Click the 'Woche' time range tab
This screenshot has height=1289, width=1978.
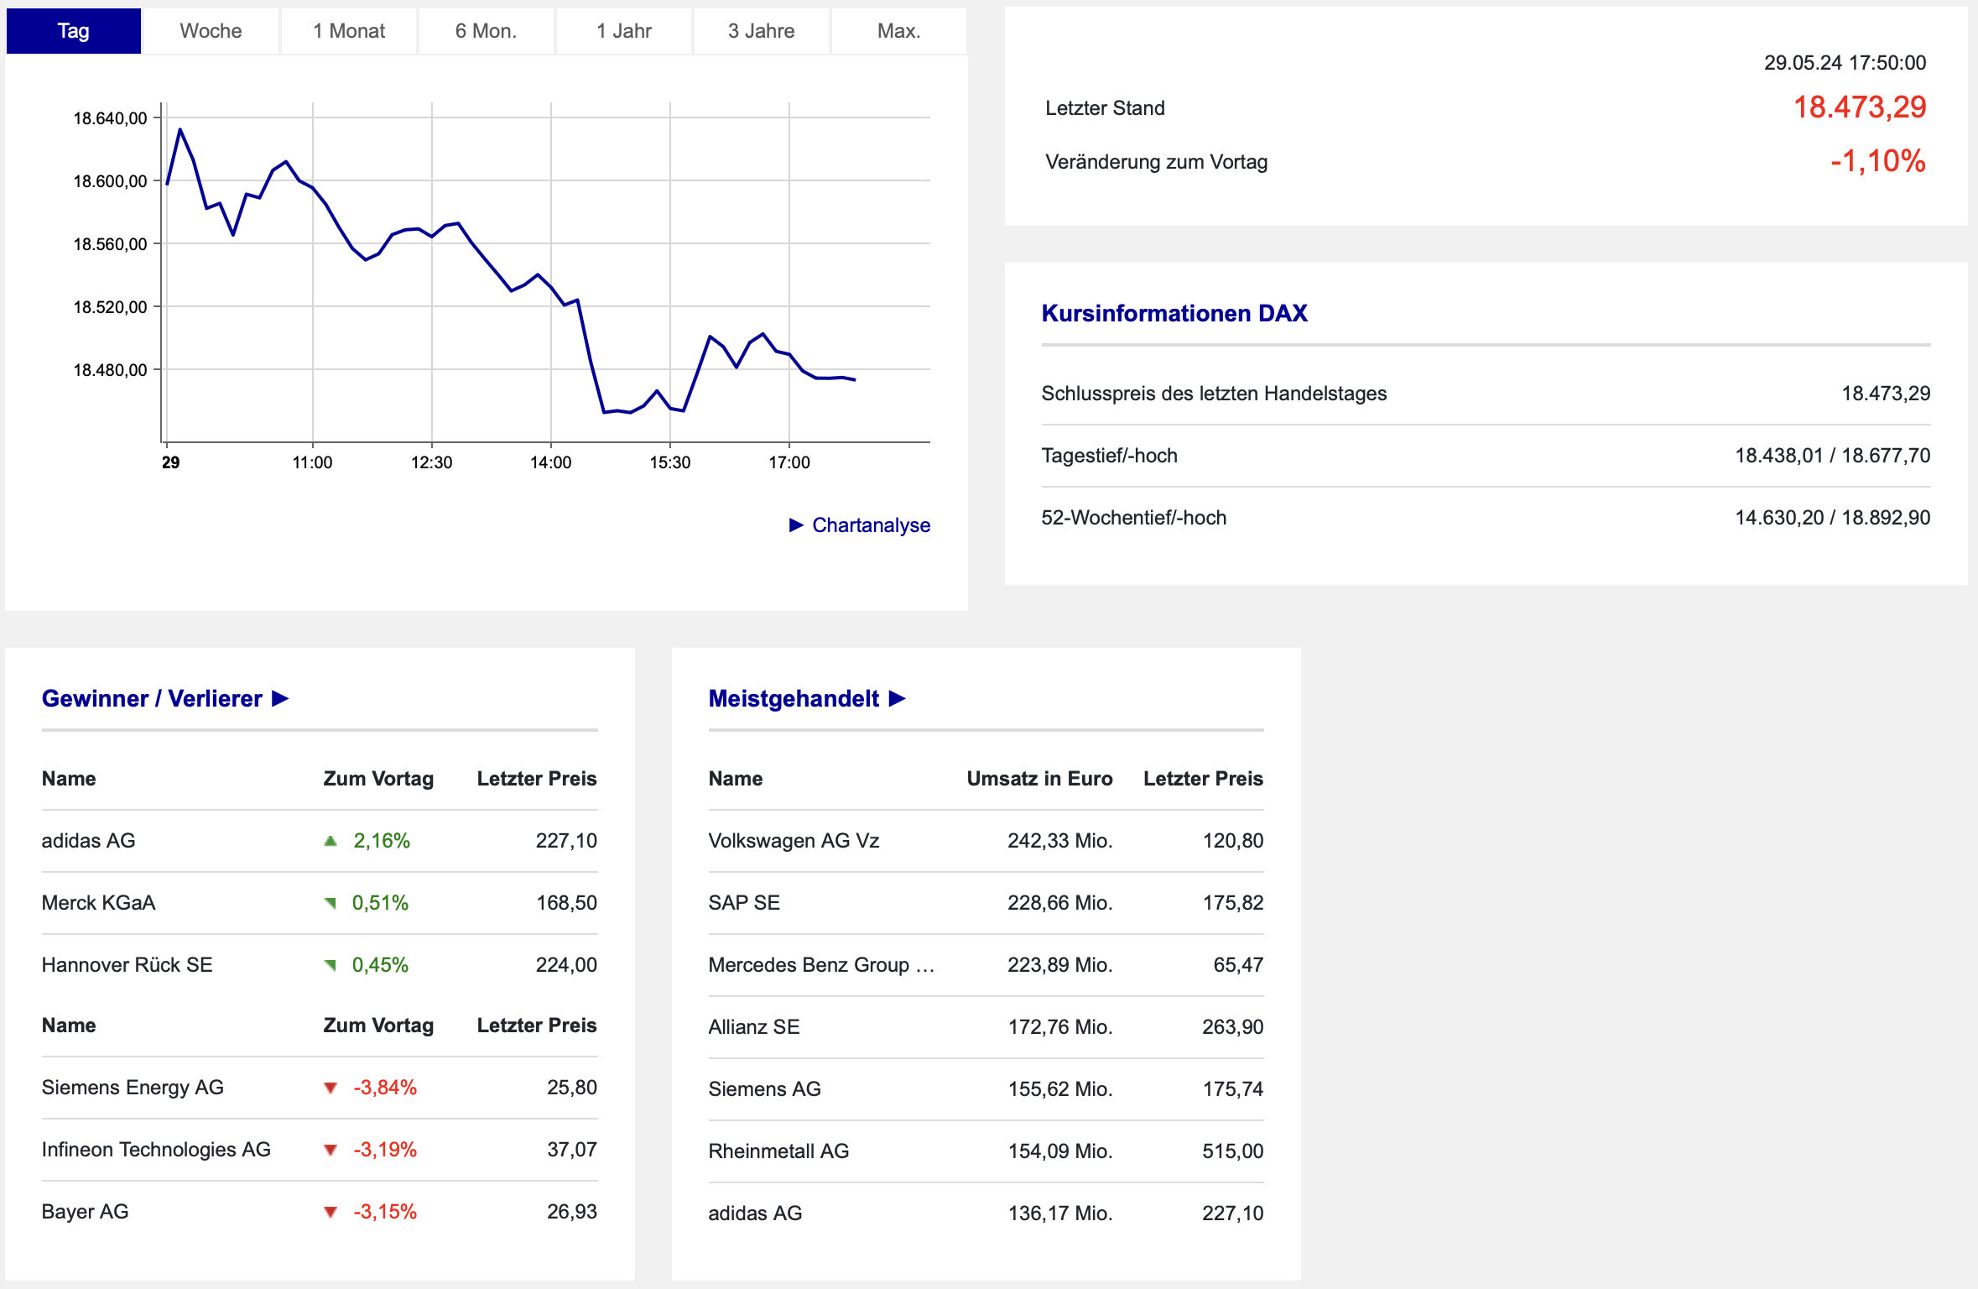tap(211, 31)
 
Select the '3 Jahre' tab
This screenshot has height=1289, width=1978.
tap(761, 31)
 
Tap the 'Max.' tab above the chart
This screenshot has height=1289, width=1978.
tap(898, 31)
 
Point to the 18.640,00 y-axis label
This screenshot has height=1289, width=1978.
tap(110, 118)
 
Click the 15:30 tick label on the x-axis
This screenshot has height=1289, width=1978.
tap(669, 462)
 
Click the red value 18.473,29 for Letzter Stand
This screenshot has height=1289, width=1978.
tap(1860, 107)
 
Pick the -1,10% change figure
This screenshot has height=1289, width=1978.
tap(1878, 161)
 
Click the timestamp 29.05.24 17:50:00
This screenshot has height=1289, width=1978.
tap(1845, 63)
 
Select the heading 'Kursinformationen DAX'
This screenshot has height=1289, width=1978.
tap(1174, 313)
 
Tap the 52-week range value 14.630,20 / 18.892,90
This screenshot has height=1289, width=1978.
tap(1832, 518)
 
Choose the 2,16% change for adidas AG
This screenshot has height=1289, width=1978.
tap(382, 841)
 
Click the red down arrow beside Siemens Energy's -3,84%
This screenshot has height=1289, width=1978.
tap(331, 1088)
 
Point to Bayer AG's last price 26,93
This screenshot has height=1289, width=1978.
tap(572, 1212)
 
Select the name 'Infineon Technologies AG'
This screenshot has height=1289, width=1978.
tap(156, 1150)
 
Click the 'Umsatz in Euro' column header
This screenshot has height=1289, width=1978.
tap(1039, 779)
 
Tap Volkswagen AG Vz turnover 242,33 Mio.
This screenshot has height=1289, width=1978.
tap(1060, 841)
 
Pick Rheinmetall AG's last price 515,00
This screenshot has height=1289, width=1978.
tap(1232, 1151)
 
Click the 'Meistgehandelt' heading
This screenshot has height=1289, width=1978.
tap(794, 698)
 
